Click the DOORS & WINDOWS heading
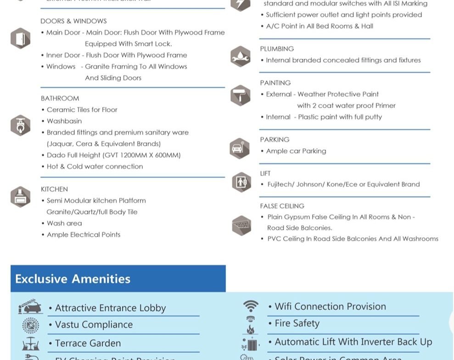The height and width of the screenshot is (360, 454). pos(73,21)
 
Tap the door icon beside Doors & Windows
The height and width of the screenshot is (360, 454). pos(20,38)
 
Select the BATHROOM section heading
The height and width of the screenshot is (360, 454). pos(60,98)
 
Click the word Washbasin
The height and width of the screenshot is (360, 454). pos(64,121)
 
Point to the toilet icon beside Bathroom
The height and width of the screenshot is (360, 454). pos(20,125)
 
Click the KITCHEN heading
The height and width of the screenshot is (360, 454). pos(54,189)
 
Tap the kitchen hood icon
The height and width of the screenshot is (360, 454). pos(20,197)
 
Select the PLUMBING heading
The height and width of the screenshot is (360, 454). pos(277,49)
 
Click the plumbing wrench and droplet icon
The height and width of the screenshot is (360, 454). pos(241,56)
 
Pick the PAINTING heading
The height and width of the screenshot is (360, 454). pos(275,83)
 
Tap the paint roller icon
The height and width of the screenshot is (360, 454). pos(241,95)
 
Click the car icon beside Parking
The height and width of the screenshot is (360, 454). pos(239,148)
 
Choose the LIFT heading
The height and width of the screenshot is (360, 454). pos(265,173)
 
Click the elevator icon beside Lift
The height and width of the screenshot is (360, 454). pos(241,182)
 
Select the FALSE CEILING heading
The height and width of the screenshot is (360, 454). pos(282,206)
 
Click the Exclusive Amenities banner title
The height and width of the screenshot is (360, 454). pos(73,279)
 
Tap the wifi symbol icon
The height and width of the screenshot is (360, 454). pos(251,306)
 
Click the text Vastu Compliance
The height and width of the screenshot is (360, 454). pos(94,325)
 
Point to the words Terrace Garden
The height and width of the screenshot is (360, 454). pos(88,343)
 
